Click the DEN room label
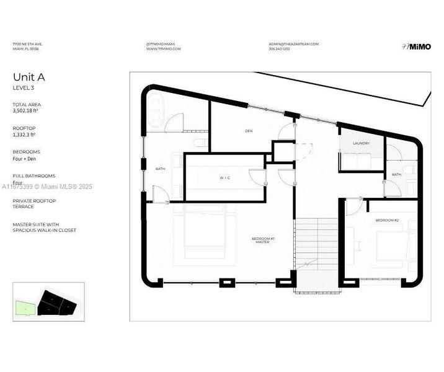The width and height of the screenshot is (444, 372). coord(249,131)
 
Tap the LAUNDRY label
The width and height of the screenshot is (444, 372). coord(361,143)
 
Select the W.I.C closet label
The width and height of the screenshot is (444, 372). coord(224,179)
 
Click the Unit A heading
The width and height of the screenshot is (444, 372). coord(29,77)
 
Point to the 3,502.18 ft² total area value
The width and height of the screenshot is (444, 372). coord(25,112)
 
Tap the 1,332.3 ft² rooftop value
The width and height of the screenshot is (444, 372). coord(24,134)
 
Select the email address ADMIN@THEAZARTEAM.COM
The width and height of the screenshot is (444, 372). coord(293,44)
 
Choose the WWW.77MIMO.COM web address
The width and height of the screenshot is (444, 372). coord(163,49)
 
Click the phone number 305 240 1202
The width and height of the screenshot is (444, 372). coord(279,49)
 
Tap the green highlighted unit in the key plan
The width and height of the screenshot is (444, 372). coord(23,306)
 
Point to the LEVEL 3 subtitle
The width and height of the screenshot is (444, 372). coord(23,88)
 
